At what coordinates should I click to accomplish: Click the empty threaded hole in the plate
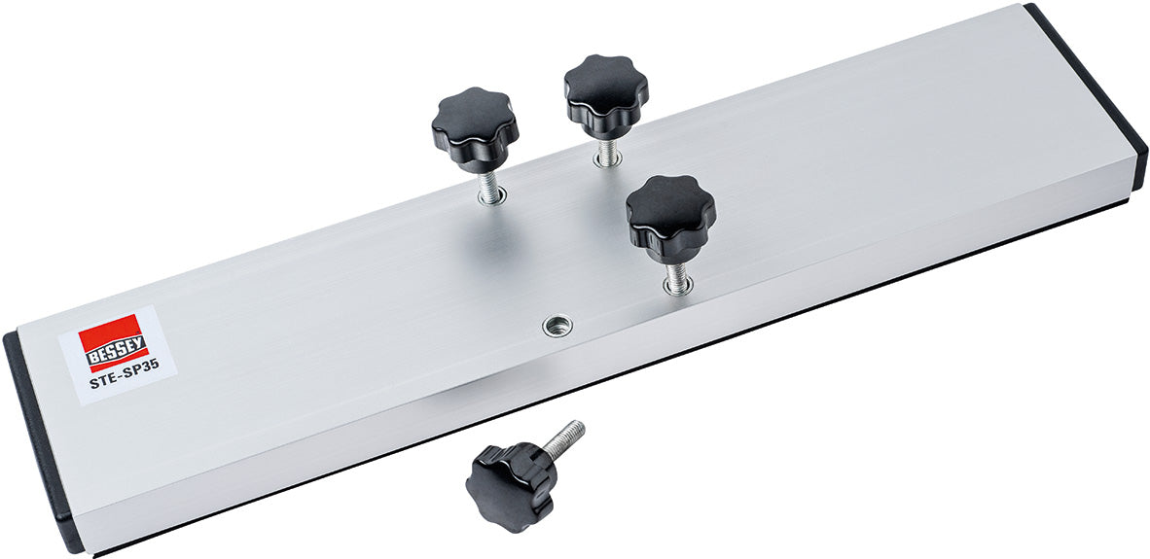tap(555, 326)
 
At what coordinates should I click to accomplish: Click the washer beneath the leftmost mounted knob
tap(491, 197)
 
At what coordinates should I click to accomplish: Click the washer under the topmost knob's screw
tap(607, 161)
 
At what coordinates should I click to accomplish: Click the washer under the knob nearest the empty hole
tap(678, 288)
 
